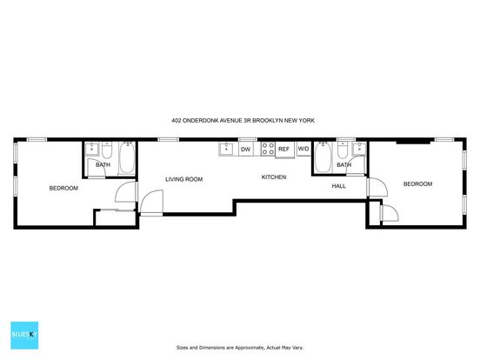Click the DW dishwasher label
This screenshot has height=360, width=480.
click(x=246, y=150)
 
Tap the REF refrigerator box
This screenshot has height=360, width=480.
click(x=284, y=150)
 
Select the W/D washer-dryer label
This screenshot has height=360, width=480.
click(x=303, y=149)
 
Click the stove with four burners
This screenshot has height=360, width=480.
click(x=268, y=149)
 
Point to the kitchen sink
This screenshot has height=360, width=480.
click(x=227, y=149)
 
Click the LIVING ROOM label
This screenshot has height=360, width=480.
click(x=184, y=179)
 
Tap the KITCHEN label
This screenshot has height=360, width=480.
click(x=274, y=177)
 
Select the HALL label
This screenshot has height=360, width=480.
click(x=339, y=186)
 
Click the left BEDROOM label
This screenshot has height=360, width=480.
click(x=63, y=189)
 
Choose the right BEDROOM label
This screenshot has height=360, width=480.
click(x=418, y=184)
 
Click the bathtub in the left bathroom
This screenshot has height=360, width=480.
click(x=127, y=158)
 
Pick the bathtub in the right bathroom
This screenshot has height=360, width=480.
click(x=323, y=157)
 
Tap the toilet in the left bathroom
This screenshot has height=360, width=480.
click(x=107, y=150)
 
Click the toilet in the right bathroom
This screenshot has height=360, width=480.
click(x=343, y=150)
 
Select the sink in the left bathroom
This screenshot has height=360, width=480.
click(x=92, y=149)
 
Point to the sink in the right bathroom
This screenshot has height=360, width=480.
click(x=359, y=149)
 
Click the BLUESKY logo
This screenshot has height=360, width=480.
click(x=24, y=335)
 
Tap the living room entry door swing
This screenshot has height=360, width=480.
click(x=151, y=202)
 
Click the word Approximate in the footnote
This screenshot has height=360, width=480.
click(x=248, y=348)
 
